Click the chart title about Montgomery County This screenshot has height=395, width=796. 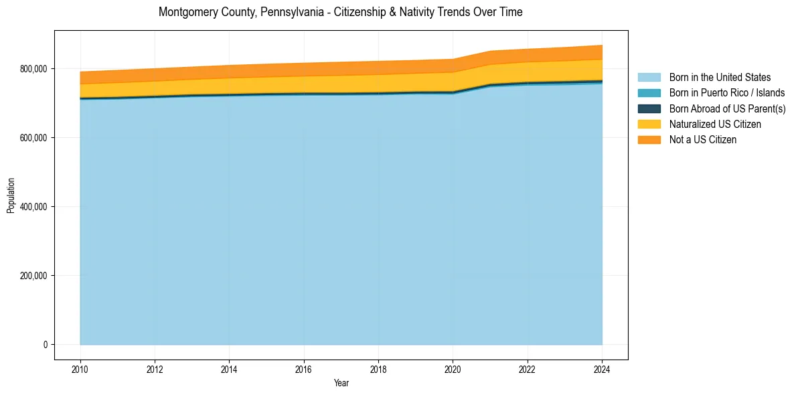click(x=340, y=12)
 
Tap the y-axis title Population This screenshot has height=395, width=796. click(x=11, y=195)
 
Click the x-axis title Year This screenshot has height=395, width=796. click(x=341, y=384)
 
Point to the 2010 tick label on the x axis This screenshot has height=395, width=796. click(x=80, y=368)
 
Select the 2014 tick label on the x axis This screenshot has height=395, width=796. click(x=229, y=368)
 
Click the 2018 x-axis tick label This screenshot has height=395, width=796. click(x=378, y=368)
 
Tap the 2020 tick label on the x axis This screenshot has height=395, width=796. click(x=453, y=368)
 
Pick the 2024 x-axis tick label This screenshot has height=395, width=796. click(x=602, y=368)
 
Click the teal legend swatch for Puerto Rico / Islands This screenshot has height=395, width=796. click(x=649, y=93)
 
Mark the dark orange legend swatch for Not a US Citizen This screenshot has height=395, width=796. click(x=649, y=140)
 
